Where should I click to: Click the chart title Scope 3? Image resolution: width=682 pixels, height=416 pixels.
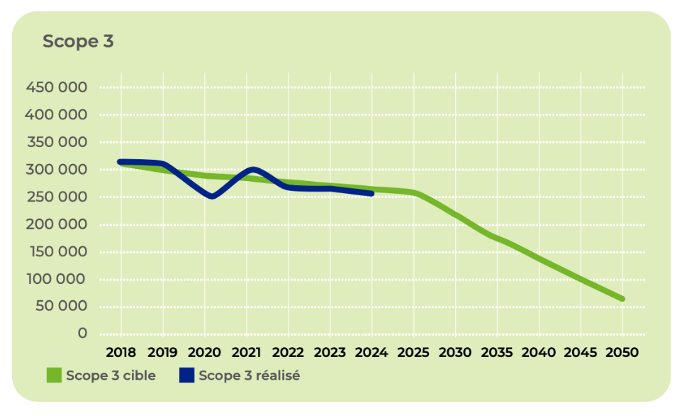(x=78, y=41)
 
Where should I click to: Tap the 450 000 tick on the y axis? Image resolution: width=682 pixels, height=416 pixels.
(x=57, y=87)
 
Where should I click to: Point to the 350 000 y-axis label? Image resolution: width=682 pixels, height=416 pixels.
(x=57, y=142)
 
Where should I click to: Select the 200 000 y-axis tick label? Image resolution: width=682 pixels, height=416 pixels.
(x=57, y=224)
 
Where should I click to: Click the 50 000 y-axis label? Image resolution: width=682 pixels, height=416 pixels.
(x=61, y=307)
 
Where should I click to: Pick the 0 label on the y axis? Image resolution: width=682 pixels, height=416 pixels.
(x=82, y=334)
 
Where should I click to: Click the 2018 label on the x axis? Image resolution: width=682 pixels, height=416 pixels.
(x=121, y=352)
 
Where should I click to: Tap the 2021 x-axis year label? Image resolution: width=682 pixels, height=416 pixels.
(x=246, y=352)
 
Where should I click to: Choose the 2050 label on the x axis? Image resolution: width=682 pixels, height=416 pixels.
(x=622, y=352)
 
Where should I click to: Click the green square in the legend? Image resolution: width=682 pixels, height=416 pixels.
(x=54, y=376)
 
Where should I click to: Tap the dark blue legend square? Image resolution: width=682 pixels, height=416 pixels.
(x=186, y=376)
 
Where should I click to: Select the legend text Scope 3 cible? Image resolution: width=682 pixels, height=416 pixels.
(x=111, y=376)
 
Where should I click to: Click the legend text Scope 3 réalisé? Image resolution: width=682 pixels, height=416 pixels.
(x=249, y=376)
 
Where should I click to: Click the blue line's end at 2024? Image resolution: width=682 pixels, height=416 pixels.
(x=371, y=193)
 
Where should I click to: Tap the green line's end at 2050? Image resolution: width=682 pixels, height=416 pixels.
(x=622, y=299)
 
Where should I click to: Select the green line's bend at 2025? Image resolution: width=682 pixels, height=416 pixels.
(x=414, y=193)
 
